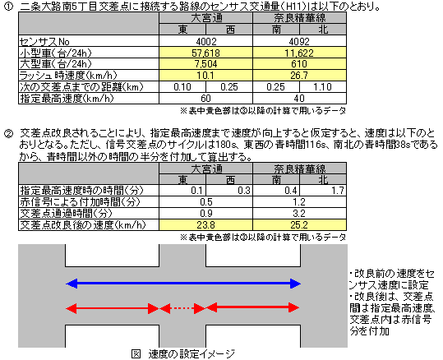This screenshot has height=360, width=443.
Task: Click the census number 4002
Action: tap(206, 42)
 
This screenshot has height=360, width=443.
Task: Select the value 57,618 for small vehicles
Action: tap(206, 53)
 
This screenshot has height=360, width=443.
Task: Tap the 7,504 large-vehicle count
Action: tap(206, 64)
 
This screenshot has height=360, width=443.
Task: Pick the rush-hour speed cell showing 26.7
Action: tap(299, 76)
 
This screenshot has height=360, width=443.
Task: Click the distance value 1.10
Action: tap(322, 87)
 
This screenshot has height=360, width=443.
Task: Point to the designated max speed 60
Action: tap(206, 99)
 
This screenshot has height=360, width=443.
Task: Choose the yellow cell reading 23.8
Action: tap(206, 225)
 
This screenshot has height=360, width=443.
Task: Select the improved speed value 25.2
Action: tap(299, 225)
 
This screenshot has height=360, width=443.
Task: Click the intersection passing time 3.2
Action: tap(299, 214)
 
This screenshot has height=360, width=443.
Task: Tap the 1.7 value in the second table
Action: tap(338, 191)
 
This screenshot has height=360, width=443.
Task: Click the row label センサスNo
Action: tap(44, 42)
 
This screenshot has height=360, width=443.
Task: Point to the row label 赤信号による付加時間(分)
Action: tap(81, 202)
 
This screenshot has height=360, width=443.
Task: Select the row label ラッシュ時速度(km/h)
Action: tap(68, 76)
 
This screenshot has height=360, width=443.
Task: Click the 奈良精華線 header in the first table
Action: tap(299, 18)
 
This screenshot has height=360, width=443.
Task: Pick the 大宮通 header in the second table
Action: tap(206, 168)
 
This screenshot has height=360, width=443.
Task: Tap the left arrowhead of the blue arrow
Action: tap(72, 284)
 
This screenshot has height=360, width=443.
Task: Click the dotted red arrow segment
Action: tap(182, 308)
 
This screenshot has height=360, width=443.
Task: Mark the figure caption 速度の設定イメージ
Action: tap(192, 354)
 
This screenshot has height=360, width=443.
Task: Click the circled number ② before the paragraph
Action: tap(8, 133)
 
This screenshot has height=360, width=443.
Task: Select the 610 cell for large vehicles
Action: tap(299, 64)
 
